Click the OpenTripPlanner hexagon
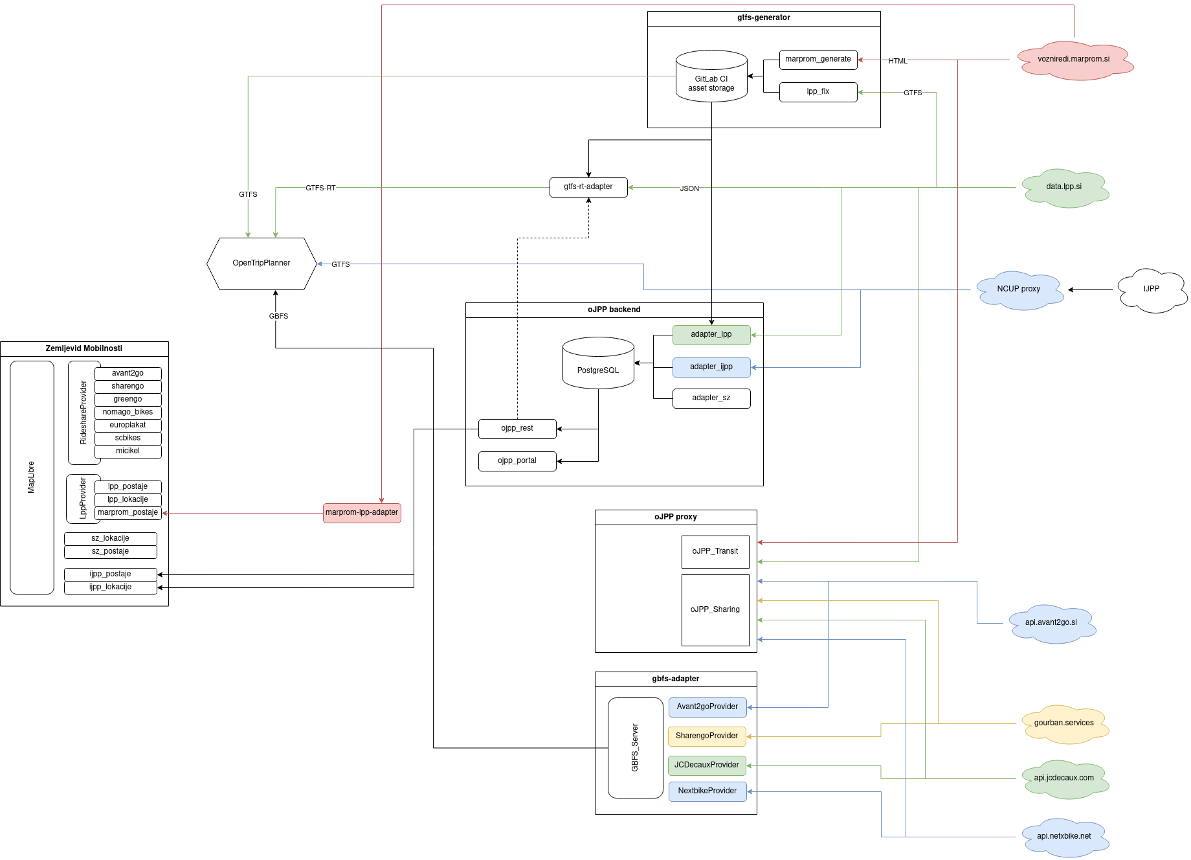point(262,264)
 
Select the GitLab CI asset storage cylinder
point(711,78)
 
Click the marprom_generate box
point(818,60)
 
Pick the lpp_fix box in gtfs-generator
point(818,92)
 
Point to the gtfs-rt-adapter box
point(588,187)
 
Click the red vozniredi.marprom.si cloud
point(1073,60)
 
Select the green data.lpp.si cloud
point(1063,187)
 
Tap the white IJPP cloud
point(1151,289)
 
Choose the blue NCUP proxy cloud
point(1018,289)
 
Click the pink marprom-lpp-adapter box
point(362,513)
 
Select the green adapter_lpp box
point(711,335)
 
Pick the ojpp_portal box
point(517,461)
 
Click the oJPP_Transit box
point(715,552)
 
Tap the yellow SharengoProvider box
point(707,736)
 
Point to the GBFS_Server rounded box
point(635,747)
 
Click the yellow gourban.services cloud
point(1063,723)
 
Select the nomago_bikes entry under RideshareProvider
point(128,413)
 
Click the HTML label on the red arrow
point(898,61)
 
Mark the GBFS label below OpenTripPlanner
point(278,317)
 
